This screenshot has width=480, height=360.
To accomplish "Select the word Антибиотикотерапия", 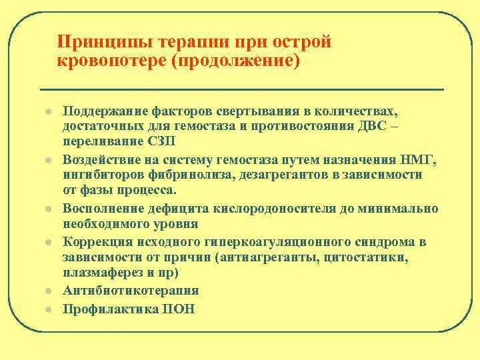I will click(x=131, y=291).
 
